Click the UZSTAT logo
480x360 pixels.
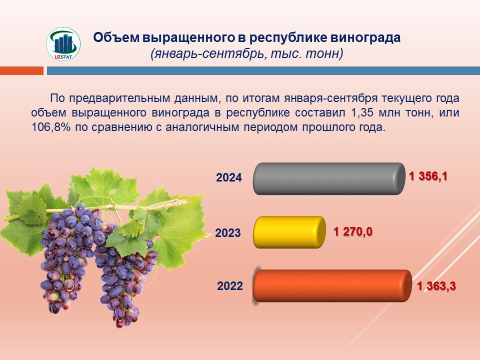pos(63,44)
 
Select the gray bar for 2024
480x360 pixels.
pos(329,179)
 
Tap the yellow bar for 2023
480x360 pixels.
pos(289,232)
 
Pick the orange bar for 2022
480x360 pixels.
pos(332,285)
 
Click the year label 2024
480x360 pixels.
pos(229,177)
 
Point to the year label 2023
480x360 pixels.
pos(228,233)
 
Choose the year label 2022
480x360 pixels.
pos(230,286)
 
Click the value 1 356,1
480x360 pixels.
pos(428,176)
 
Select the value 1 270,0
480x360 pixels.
pos(353,231)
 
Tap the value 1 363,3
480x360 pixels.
pos(436,286)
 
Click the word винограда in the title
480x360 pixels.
pos(365,37)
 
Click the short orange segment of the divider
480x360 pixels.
pos(21,70)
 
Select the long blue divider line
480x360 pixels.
pos(263,70)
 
